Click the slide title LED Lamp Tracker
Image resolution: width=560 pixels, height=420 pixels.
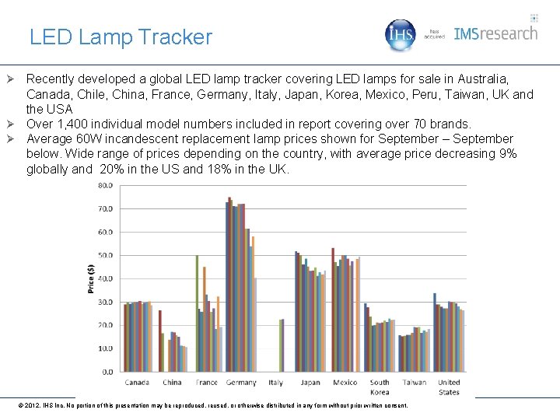click(x=121, y=37)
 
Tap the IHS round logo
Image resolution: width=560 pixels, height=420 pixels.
click(x=401, y=35)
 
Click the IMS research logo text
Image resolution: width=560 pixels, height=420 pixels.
click(x=495, y=33)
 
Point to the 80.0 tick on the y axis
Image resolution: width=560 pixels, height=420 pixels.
click(x=105, y=185)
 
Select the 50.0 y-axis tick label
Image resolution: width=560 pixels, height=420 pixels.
click(x=105, y=255)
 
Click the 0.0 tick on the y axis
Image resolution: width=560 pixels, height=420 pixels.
click(x=107, y=372)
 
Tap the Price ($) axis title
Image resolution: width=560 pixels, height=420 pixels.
click(x=90, y=278)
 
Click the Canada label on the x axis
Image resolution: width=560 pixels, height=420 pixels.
click(x=138, y=383)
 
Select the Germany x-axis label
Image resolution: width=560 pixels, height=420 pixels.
click(x=241, y=383)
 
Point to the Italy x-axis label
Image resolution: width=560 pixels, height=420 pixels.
click(x=275, y=383)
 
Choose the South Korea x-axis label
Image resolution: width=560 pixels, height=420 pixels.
click(x=380, y=387)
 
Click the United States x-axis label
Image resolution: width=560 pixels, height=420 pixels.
click(x=449, y=387)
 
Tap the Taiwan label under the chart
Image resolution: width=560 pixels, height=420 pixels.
click(x=414, y=383)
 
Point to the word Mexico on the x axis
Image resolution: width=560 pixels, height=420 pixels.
click(x=345, y=383)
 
